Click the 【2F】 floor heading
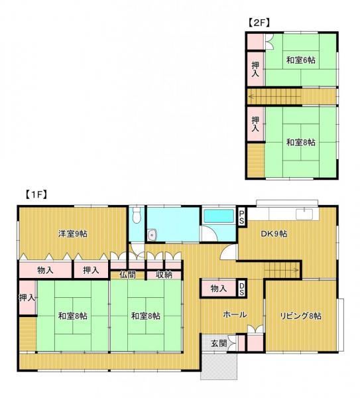[x=258, y=23]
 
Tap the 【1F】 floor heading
[x=36, y=194]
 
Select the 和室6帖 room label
[x=300, y=60]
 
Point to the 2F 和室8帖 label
[x=300, y=143]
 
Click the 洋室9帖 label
[x=73, y=233]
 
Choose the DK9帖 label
[x=274, y=233]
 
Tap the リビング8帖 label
[x=300, y=316]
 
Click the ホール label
[x=235, y=314]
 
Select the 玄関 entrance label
[x=219, y=344]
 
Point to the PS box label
[x=242, y=216]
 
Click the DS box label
[x=242, y=289]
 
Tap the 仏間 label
[x=127, y=275]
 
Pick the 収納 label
[x=164, y=275]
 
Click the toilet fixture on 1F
[x=137, y=215]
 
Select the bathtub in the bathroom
[x=219, y=216]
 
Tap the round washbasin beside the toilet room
[x=152, y=235]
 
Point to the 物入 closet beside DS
[x=218, y=289]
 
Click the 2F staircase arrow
[x=275, y=96]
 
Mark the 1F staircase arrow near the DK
[x=282, y=270]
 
